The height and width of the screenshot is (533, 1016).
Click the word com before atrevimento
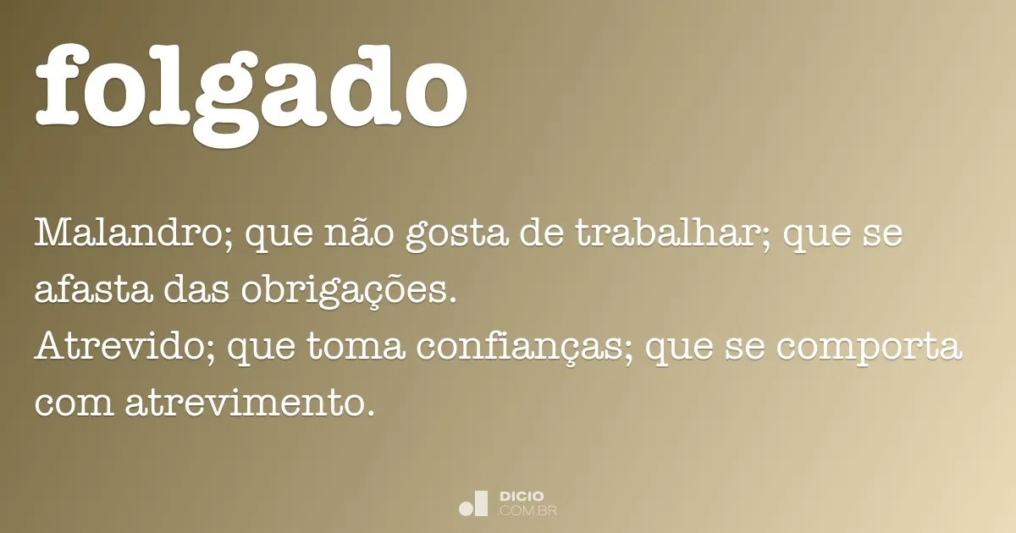[x=73, y=404]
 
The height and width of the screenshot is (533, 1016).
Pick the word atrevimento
[x=248, y=404]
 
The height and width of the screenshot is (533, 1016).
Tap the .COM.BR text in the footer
[x=527, y=510]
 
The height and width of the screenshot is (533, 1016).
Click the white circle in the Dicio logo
[x=466, y=508]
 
